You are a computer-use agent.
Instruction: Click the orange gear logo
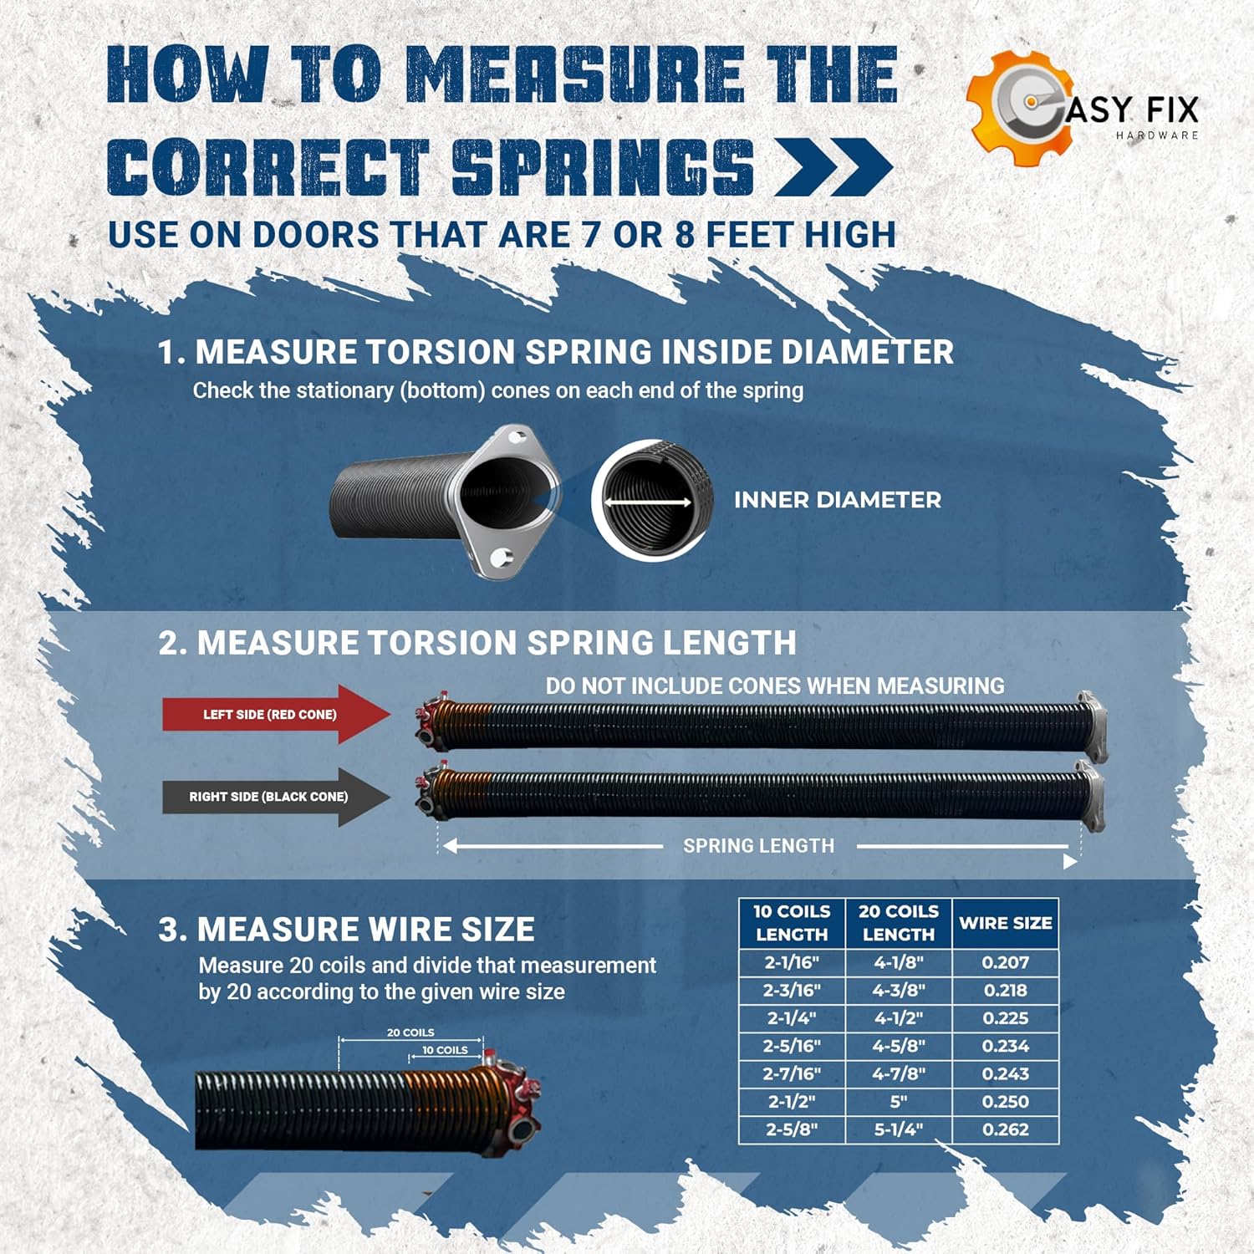click(1018, 109)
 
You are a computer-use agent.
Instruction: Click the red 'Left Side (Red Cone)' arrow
click(276, 714)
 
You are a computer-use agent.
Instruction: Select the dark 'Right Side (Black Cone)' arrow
click(276, 797)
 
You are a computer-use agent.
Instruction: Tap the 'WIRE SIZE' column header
click(1006, 923)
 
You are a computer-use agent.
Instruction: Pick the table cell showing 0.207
click(1006, 962)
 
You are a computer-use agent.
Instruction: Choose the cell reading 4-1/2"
click(899, 1018)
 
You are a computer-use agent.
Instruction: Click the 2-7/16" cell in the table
click(792, 1073)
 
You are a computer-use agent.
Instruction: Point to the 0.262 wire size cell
click(1006, 1129)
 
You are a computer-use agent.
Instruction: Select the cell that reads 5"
click(899, 1102)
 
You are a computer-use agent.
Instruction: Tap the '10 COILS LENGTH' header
click(792, 923)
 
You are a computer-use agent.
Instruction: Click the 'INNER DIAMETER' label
click(838, 500)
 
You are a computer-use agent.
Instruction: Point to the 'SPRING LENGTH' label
click(759, 846)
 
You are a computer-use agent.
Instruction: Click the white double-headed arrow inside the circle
click(648, 502)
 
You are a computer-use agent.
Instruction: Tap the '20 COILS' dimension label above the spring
click(410, 1032)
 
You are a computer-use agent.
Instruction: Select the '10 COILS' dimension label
click(445, 1050)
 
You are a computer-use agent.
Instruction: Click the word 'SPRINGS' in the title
click(603, 166)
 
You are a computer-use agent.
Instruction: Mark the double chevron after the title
click(833, 167)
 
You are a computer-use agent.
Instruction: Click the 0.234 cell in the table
click(1006, 1046)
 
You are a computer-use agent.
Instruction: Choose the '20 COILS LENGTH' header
click(899, 923)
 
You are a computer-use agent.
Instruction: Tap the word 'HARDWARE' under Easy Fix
click(1157, 135)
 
